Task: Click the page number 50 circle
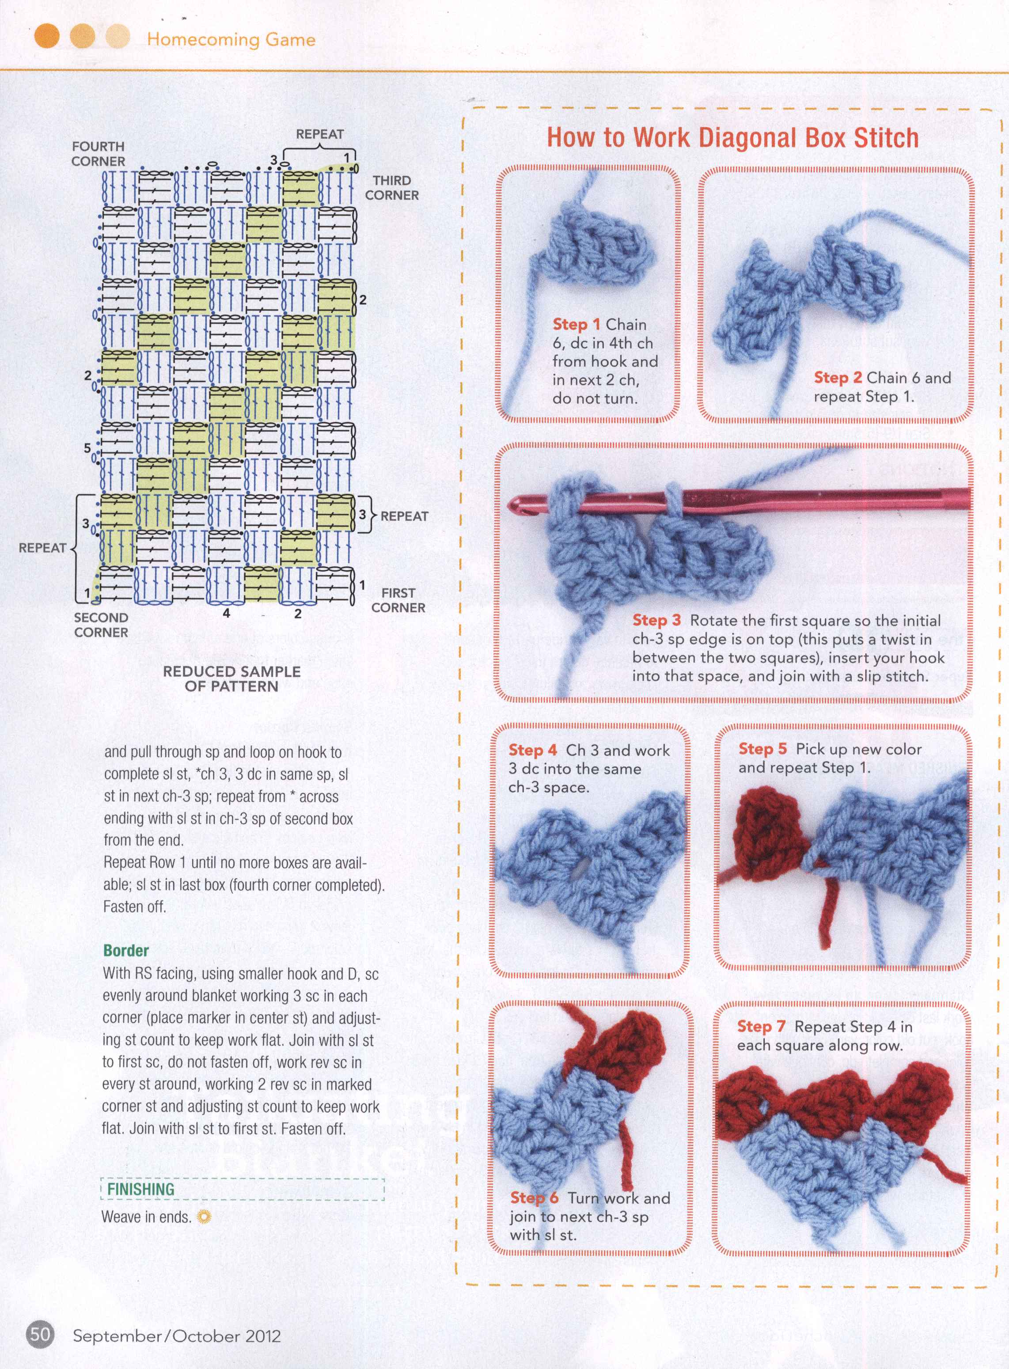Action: (x=40, y=1334)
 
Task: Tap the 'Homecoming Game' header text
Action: (x=231, y=40)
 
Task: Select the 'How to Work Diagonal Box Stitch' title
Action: (x=732, y=138)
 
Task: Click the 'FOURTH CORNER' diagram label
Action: (x=99, y=154)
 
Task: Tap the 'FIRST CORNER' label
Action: (x=398, y=600)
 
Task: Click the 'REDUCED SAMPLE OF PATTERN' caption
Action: (x=231, y=679)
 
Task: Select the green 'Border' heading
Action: (x=126, y=950)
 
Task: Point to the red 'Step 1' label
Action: (x=576, y=324)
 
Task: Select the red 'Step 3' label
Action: (x=656, y=620)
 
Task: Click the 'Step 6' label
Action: (x=534, y=1198)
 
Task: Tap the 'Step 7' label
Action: (x=760, y=1027)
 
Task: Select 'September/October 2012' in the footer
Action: (x=177, y=1335)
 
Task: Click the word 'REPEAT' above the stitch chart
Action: (x=319, y=134)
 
